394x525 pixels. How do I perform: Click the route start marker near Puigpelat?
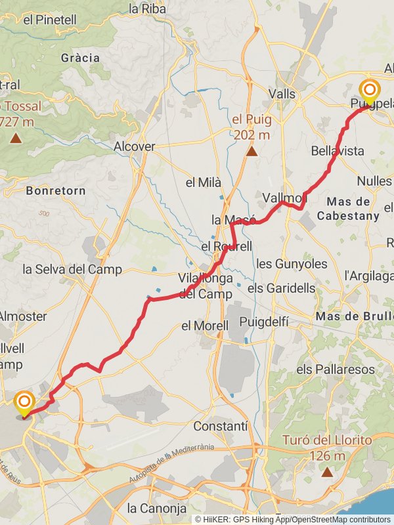(369, 91)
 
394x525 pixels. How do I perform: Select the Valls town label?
(282, 94)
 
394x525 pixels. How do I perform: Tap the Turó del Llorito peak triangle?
(327, 471)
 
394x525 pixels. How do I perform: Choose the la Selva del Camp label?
(72, 269)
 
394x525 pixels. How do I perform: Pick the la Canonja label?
(157, 508)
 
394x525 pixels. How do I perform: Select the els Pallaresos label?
(331, 369)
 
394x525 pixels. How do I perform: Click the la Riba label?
(146, 9)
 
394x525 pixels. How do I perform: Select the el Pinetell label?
(51, 20)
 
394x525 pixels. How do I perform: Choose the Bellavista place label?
(338, 152)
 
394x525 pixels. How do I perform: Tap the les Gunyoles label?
(292, 264)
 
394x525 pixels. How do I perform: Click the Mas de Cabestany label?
(348, 209)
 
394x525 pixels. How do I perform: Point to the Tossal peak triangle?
(14, 138)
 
